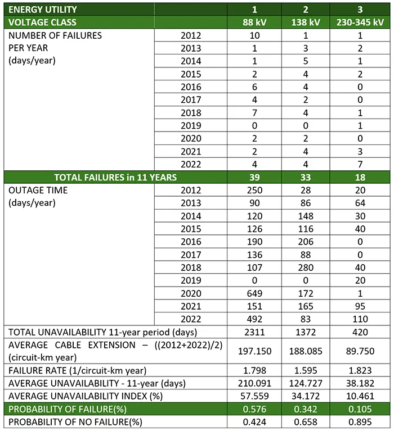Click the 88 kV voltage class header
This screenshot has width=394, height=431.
(255, 22)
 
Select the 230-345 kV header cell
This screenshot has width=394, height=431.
(360, 22)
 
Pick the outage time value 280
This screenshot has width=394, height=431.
(307, 268)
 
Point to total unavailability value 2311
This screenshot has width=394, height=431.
(255, 332)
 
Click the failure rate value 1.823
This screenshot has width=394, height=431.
(360, 371)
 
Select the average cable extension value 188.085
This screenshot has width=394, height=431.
(307, 351)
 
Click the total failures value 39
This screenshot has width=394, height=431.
(255, 178)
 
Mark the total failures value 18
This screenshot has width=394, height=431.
(360, 178)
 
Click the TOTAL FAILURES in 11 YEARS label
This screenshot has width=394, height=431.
(115, 178)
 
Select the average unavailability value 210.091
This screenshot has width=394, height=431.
(255, 384)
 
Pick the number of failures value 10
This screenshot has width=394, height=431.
(255, 35)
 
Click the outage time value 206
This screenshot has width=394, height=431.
(307, 242)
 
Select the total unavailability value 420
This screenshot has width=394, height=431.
(360, 332)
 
